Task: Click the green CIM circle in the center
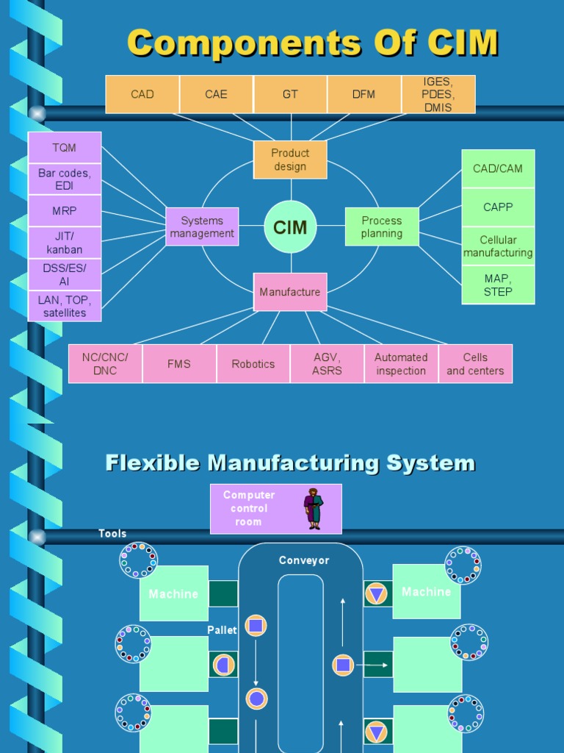click(x=290, y=227)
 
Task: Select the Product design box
click(x=290, y=160)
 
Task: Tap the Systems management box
click(x=202, y=226)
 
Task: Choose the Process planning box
click(x=382, y=226)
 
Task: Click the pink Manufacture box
click(x=290, y=292)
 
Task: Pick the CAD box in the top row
click(x=142, y=94)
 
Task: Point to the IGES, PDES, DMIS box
click(x=438, y=94)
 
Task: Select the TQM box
click(x=65, y=148)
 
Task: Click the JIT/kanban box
click(x=65, y=243)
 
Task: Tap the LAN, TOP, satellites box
click(x=65, y=306)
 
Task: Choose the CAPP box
click(x=498, y=207)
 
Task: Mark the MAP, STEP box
click(x=498, y=285)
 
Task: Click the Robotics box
click(x=253, y=364)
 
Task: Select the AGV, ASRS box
click(x=327, y=364)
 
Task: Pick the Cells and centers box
click(x=475, y=364)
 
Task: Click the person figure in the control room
click(x=314, y=509)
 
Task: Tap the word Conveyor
click(x=304, y=560)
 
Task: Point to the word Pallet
click(x=222, y=630)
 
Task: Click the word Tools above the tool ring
click(x=112, y=534)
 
